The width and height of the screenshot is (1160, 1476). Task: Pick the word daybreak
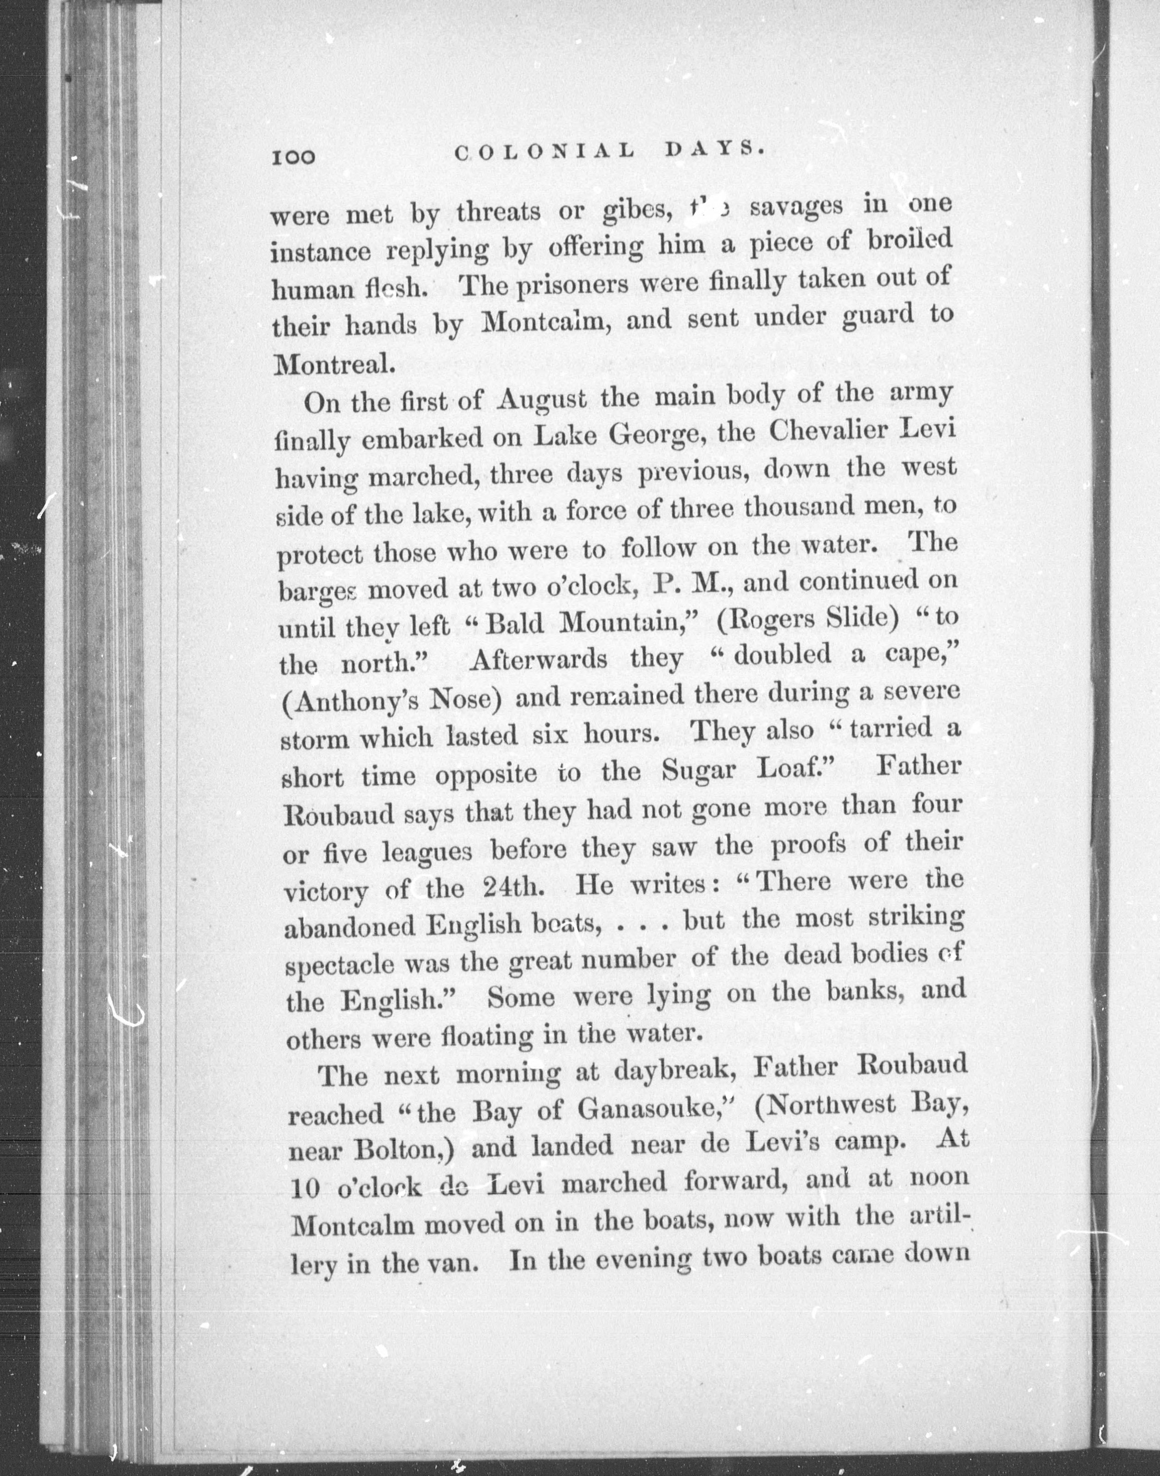point(685,1072)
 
